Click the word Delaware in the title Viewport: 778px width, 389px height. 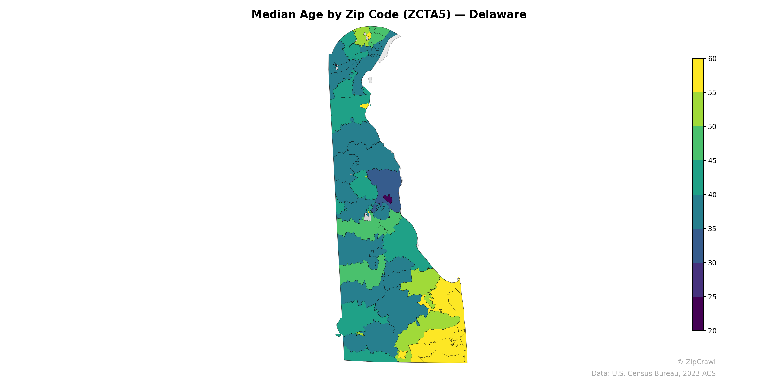coord(497,15)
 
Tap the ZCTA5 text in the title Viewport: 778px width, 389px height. coord(426,15)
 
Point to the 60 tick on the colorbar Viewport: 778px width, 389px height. coord(712,59)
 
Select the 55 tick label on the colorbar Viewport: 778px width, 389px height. coord(712,93)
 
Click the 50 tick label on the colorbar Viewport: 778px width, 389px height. coord(712,127)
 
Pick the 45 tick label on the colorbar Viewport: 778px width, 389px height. coord(712,161)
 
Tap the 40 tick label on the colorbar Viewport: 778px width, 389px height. coord(712,195)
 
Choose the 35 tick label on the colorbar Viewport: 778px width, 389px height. coord(712,229)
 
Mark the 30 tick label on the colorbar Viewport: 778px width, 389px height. coord(712,263)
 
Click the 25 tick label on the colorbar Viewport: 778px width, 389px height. coord(712,297)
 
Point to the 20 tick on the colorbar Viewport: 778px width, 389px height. coord(712,331)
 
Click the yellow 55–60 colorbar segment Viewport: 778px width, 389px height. coord(698,76)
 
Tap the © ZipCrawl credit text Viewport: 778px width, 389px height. coord(696,362)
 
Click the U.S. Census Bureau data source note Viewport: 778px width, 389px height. coord(653,374)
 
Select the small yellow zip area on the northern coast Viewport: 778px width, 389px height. coord(364,106)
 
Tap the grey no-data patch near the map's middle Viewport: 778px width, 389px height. coord(368,217)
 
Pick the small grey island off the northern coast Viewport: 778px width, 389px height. coord(370,80)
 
